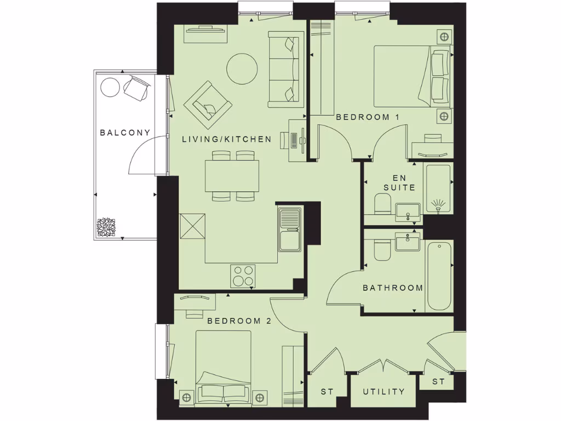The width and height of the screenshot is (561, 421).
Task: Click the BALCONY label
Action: (124, 133)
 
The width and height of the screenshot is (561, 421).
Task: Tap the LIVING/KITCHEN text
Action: (226, 139)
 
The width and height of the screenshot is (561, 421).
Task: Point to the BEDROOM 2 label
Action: (239, 321)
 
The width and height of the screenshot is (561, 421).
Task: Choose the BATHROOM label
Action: (393, 287)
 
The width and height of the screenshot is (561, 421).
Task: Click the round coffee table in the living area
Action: (242, 69)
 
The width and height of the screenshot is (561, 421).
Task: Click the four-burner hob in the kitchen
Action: (243, 275)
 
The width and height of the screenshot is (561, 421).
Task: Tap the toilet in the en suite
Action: (381, 206)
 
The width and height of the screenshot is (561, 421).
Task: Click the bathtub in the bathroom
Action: (439, 275)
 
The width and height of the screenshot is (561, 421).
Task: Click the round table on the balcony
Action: (110, 87)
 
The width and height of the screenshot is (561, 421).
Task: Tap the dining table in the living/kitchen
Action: (232, 175)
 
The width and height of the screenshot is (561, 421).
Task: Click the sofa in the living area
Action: (284, 69)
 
